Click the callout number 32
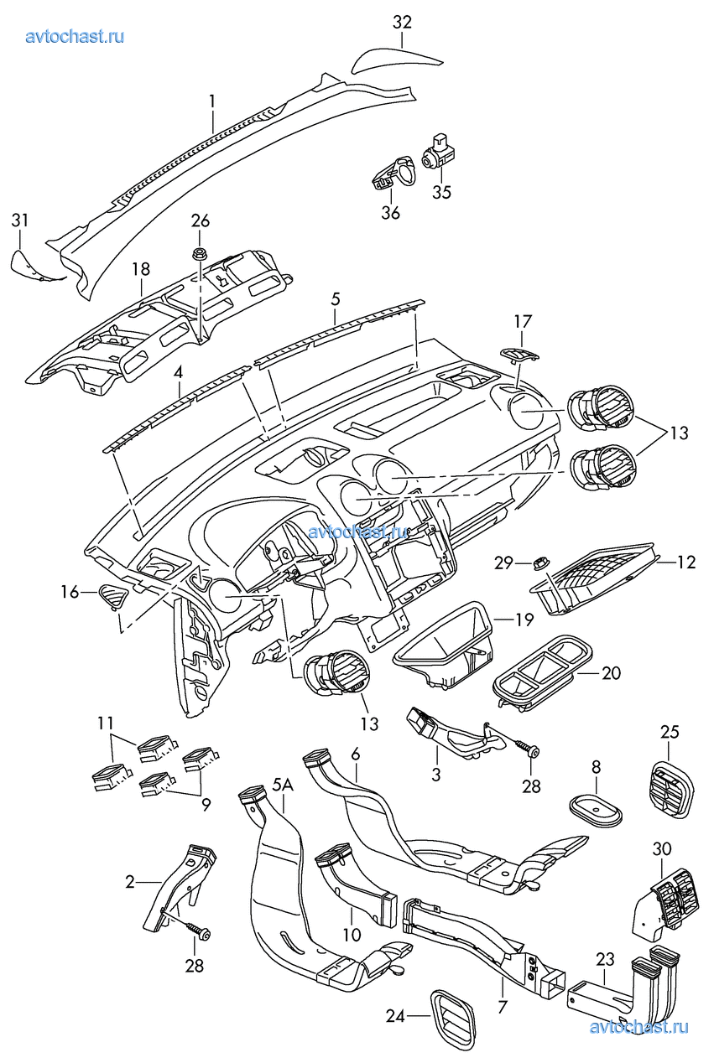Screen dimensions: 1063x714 [402, 22]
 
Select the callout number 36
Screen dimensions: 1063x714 [390, 212]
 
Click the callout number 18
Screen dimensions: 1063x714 [140, 269]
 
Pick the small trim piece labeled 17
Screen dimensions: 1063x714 [520, 354]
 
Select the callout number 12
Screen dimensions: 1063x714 [686, 563]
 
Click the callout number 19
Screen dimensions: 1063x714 [524, 620]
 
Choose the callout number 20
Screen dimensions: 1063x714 [611, 672]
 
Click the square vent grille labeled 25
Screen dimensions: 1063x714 [673, 789]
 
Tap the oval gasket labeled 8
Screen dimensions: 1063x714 [596, 808]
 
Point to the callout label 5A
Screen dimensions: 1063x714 [282, 786]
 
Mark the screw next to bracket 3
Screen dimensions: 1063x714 [524, 746]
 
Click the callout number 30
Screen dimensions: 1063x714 [662, 848]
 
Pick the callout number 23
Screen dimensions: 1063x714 [606, 958]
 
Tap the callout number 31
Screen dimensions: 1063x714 [20, 220]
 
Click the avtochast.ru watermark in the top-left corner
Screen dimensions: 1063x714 [76, 36]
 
